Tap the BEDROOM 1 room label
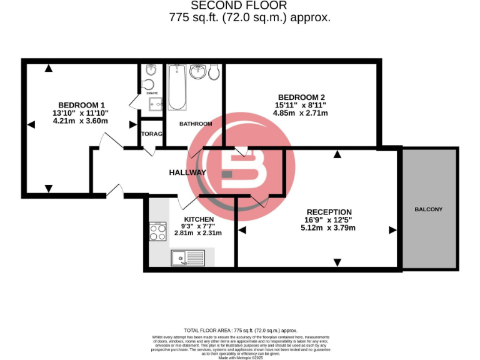(x=81, y=104)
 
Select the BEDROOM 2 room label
(x=301, y=97)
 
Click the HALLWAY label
(x=187, y=172)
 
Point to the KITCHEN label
(x=198, y=219)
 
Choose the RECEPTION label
(x=329, y=212)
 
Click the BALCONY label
(x=428, y=209)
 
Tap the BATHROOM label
(x=196, y=124)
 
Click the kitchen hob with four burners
(x=157, y=232)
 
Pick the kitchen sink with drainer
(x=187, y=257)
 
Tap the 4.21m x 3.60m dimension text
(x=81, y=121)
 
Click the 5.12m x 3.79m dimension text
(x=328, y=228)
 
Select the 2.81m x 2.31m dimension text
(x=198, y=233)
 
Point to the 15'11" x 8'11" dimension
(x=301, y=105)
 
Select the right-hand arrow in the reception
(x=393, y=230)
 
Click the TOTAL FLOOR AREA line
(x=241, y=330)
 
